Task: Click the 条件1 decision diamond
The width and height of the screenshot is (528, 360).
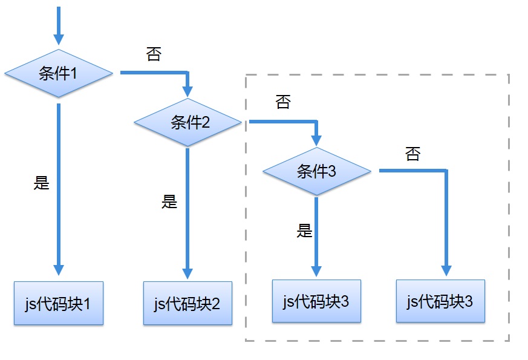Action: click(x=59, y=73)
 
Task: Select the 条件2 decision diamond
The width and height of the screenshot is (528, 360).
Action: click(x=187, y=123)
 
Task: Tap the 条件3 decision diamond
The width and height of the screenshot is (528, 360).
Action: click(x=316, y=171)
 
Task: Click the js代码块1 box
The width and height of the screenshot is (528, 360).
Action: click(x=59, y=303)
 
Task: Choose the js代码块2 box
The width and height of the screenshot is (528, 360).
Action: click(x=187, y=303)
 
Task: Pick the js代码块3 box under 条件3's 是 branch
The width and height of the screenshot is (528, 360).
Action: click(x=316, y=301)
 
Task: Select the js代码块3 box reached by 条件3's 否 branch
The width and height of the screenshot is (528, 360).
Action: click(x=440, y=301)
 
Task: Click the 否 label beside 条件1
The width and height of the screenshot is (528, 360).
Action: click(x=154, y=54)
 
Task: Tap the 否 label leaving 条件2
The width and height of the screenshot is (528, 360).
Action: click(x=282, y=102)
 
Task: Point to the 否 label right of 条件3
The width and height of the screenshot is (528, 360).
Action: click(x=412, y=154)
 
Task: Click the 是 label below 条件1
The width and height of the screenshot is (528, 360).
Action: click(x=41, y=183)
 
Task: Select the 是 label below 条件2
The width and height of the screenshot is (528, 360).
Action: click(x=169, y=201)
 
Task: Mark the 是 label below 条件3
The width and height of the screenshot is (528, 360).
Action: click(x=305, y=231)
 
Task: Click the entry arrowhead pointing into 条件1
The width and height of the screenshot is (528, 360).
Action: click(x=59, y=40)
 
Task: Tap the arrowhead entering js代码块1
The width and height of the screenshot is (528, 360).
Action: click(x=59, y=270)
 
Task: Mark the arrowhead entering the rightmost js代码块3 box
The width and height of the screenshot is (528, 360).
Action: click(x=446, y=270)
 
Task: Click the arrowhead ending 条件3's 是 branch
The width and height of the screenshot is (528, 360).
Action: click(x=316, y=270)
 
